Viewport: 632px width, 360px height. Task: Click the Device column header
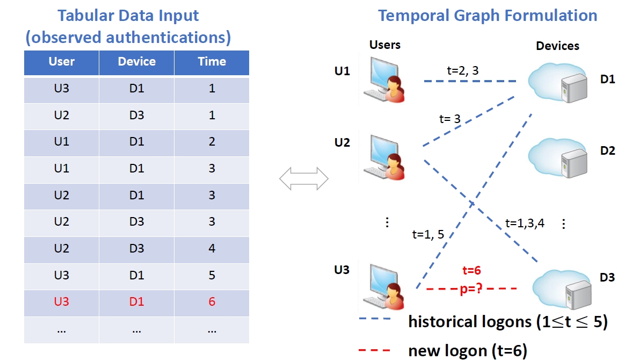pyautogui.click(x=136, y=62)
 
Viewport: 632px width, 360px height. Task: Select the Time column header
pyautogui.click(x=212, y=62)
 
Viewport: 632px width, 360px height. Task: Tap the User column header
pyautogui.click(x=62, y=62)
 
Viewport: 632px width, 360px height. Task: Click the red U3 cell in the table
pyautogui.click(x=62, y=302)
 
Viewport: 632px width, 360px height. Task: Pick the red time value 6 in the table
pyautogui.click(x=212, y=302)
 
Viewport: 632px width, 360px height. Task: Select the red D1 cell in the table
pyautogui.click(x=136, y=302)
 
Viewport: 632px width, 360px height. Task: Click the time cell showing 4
pyautogui.click(x=212, y=249)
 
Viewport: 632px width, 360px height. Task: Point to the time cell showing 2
pyautogui.click(x=212, y=142)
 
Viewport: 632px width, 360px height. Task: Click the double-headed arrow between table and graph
pyautogui.click(x=304, y=178)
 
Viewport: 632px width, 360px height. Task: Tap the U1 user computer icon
pyautogui.click(x=383, y=81)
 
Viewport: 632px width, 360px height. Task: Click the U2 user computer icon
pyautogui.click(x=383, y=157)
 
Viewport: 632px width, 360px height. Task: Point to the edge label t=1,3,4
pyautogui.click(x=525, y=224)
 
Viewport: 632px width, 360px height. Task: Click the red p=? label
pyautogui.click(x=470, y=290)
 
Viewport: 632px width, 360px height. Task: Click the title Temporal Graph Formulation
pyautogui.click(x=487, y=15)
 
